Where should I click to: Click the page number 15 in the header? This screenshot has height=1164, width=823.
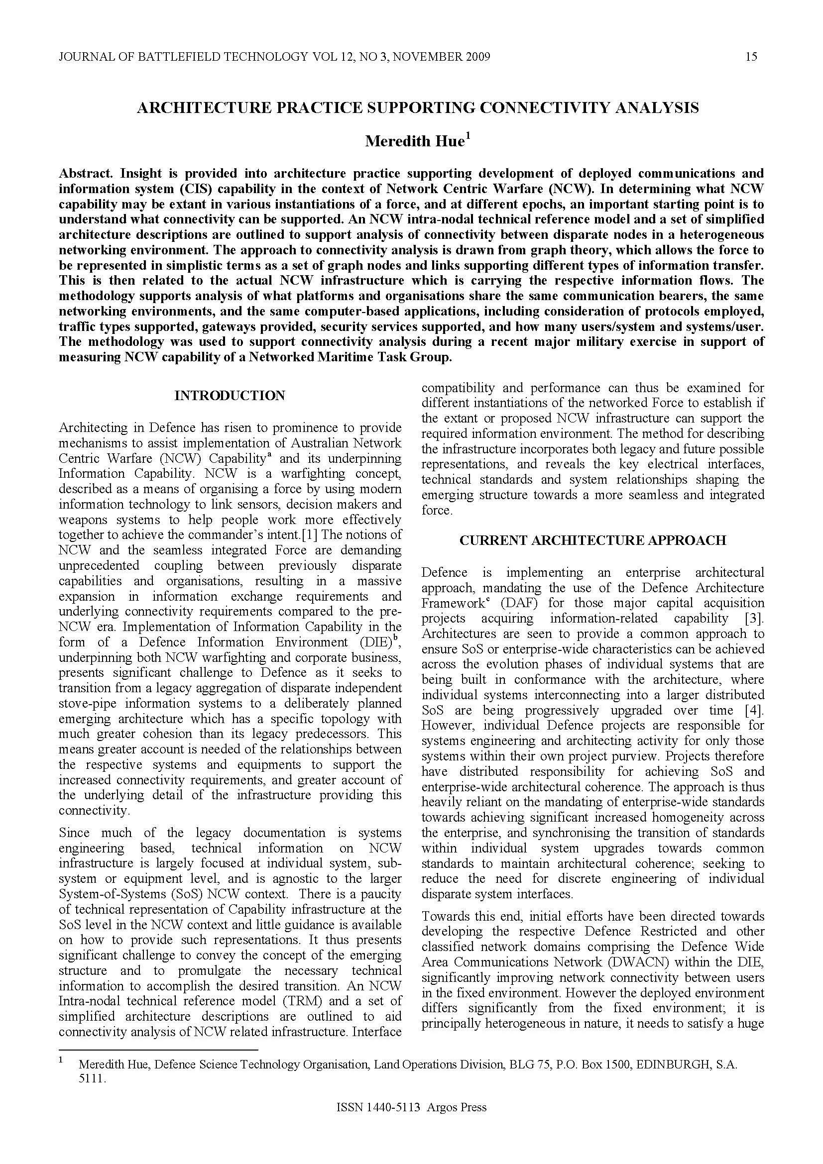(x=751, y=57)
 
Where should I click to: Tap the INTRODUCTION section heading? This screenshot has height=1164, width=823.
(x=230, y=396)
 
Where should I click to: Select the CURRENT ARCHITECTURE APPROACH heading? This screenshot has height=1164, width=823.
(x=593, y=540)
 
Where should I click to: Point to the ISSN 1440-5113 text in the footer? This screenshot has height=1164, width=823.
(x=378, y=1121)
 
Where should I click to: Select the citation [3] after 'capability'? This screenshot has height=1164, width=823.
(x=754, y=619)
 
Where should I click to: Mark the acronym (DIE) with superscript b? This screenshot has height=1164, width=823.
(x=376, y=642)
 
